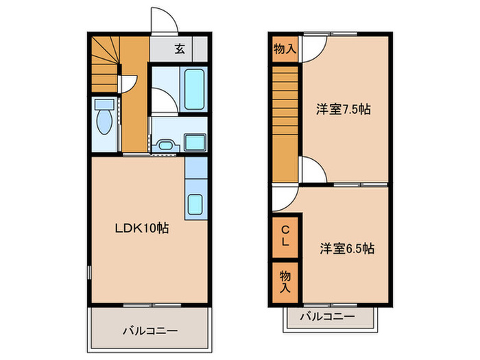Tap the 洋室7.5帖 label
click(343, 109)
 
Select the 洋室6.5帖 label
click(346, 248)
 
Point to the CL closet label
click(285, 236)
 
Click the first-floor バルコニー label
click(150, 331)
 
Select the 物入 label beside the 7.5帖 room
click(285, 49)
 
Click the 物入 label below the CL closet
click(285, 280)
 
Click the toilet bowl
click(105, 117)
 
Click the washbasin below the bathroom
click(165, 144)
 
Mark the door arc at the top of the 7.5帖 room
click(313, 49)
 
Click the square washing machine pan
click(195, 144)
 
